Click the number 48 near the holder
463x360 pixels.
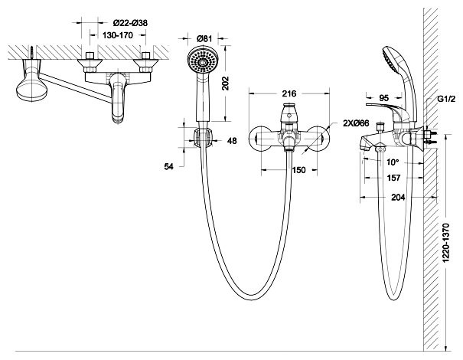[232, 140]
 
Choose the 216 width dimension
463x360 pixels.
[289, 93]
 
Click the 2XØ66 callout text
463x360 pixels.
[356, 124]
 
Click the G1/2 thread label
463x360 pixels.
[446, 100]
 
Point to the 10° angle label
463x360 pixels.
[393, 162]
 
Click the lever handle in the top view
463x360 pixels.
[31, 89]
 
